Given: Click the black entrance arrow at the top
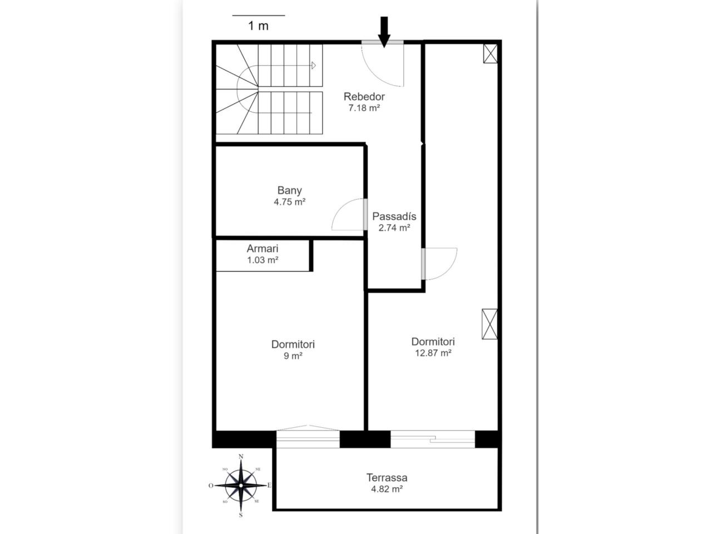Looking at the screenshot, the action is click(384, 32).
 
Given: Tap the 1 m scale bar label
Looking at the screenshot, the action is click(258, 26).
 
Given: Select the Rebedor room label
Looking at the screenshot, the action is click(364, 97).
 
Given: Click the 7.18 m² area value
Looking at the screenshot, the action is click(364, 108).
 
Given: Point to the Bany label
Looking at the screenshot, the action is click(289, 190).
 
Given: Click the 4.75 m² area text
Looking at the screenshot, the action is click(289, 202).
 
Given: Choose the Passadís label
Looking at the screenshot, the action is click(394, 216).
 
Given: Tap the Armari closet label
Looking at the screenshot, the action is click(263, 249).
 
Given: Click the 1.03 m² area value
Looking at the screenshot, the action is click(263, 260).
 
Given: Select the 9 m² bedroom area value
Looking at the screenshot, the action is click(293, 355).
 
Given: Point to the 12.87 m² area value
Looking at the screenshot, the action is click(433, 353).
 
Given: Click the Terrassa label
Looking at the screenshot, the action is click(387, 478).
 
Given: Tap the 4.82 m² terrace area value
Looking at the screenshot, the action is click(387, 489).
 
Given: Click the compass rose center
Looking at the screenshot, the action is click(241, 486).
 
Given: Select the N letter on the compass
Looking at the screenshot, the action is click(241, 457).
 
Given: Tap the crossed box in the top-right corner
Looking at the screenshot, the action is click(490, 53).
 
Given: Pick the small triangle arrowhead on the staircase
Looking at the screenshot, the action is click(313, 66).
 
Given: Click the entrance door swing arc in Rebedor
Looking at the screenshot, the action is click(374, 75).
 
